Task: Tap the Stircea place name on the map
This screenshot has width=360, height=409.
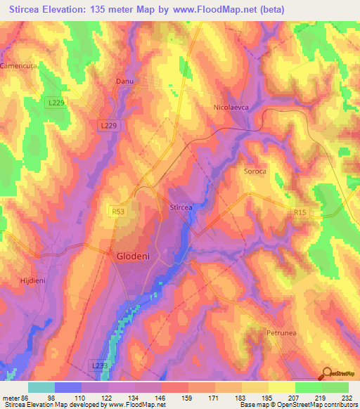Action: tap(181, 207)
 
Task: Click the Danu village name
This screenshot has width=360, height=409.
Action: tap(124, 82)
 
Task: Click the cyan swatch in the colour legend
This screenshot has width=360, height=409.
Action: tap(41, 387)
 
